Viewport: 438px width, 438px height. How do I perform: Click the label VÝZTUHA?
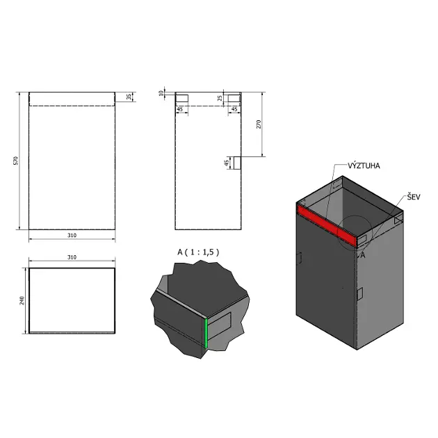tap(364, 165)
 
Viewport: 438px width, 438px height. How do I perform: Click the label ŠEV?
tap(414, 197)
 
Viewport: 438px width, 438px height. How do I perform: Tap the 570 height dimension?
tap(16, 161)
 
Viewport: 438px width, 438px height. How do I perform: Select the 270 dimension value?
tap(259, 124)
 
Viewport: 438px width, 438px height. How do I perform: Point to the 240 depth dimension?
tap(22, 300)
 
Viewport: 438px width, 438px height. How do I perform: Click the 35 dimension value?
tap(129, 97)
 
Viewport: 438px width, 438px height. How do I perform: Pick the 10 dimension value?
tap(161, 93)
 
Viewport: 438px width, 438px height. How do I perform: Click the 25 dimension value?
tap(220, 98)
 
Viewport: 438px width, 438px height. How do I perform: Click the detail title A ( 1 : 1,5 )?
tap(198, 252)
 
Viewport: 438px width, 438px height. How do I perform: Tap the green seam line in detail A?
tap(206, 333)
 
